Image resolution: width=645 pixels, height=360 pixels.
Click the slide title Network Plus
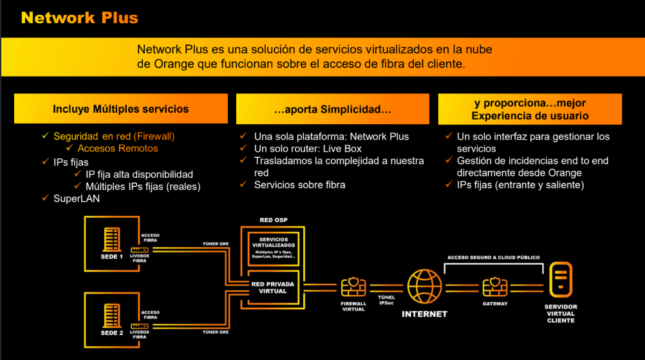79,17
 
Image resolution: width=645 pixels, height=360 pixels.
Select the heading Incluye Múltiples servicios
121,109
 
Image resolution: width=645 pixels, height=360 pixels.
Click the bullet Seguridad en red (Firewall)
114,137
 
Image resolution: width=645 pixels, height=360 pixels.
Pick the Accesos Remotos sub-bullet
118,149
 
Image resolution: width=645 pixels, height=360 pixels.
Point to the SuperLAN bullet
77,199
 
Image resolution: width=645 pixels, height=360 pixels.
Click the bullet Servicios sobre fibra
299,185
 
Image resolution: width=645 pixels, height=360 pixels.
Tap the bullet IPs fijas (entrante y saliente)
520,185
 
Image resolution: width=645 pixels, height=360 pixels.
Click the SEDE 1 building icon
111,240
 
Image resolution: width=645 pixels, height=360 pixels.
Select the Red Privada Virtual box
269,287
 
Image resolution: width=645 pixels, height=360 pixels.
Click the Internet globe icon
424,287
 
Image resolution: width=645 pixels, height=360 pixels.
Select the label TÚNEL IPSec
386,299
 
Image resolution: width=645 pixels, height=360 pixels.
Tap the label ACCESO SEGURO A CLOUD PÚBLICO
494,258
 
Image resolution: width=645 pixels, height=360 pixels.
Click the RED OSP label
274,220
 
